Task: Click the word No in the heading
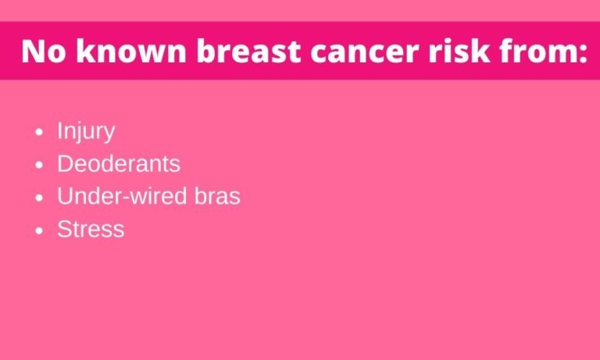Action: pos(44,52)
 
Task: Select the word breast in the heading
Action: pos(248,51)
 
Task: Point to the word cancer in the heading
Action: pos(364,54)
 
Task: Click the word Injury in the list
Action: pos(86,132)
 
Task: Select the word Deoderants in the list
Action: pos(119,164)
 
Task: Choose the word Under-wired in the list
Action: pos(122,196)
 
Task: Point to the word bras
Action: pos(217,196)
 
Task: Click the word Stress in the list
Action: pos(91,229)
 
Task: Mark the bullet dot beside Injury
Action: pos(39,133)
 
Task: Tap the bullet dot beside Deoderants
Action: pos(39,165)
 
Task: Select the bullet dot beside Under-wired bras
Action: pos(39,198)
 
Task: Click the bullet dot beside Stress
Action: pos(39,230)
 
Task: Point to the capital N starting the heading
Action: pos(34,52)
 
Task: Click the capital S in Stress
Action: pos(64,229)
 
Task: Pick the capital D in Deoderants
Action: pos(65,164)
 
